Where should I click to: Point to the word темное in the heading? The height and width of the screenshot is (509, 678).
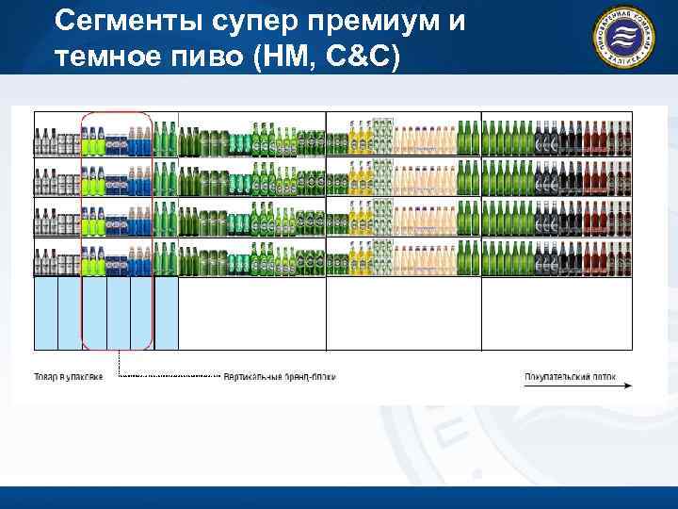click(99, 57)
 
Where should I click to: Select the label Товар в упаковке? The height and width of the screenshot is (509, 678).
click(61, 376)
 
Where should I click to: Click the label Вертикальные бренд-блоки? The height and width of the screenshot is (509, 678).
click(279, 376)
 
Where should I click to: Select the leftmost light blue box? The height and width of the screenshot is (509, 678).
click(46, 313)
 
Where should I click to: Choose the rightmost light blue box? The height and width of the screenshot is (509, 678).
click(167, 313)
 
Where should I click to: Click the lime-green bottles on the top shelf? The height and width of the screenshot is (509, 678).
click(92, 141)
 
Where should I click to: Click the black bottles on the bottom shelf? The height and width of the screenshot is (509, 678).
click(546, 260)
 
